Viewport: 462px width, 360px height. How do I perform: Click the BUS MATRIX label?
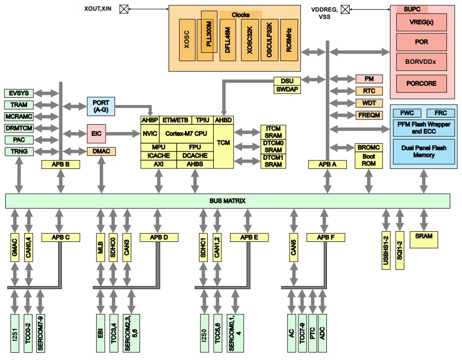tap(228, 200)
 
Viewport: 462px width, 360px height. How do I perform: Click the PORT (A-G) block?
tap(100, 106)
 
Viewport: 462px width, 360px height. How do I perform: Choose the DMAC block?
tap(101, 151)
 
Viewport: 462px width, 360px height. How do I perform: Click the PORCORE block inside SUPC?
tap(421, 83)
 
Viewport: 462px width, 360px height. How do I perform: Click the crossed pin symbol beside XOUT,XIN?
tap(123, 9)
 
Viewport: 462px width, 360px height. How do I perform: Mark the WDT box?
tap(369, 103)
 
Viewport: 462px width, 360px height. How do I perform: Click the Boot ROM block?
tap(369, 160)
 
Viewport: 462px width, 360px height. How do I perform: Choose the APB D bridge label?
tap(159, 237)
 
